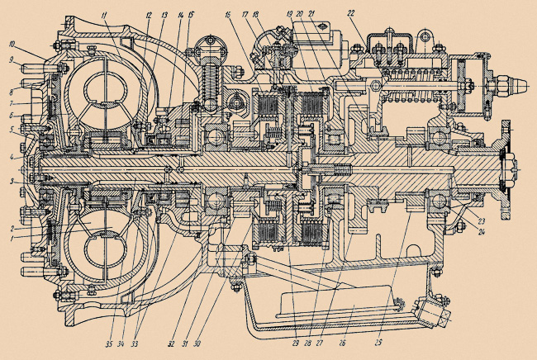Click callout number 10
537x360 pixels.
[12, 44]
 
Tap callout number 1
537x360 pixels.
[12, 239]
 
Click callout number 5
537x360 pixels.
[12, 129]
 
